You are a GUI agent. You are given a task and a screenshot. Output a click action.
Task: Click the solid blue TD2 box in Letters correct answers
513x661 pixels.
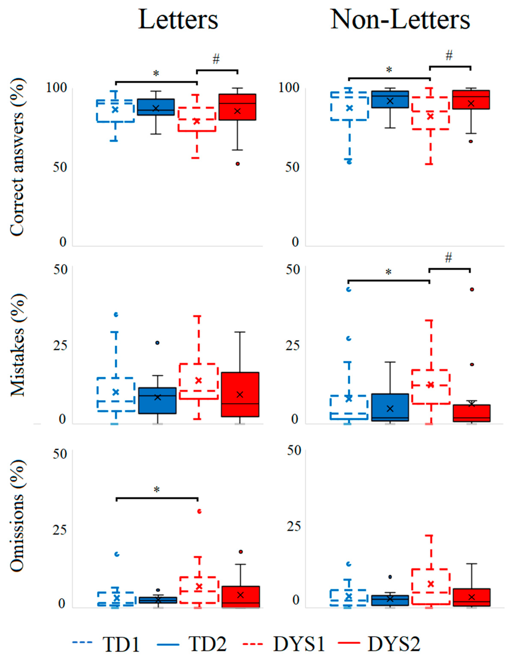[x=156, y=107]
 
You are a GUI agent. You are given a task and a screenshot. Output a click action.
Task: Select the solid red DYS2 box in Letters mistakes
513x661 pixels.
[x=240, y=394]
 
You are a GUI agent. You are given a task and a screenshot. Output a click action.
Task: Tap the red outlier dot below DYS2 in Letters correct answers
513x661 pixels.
[x=238, y=164]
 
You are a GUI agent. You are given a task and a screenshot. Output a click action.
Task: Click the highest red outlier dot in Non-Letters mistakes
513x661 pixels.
[x=472, y=289]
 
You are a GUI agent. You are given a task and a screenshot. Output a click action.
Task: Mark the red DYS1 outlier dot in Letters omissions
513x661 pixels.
[x=199, y=511]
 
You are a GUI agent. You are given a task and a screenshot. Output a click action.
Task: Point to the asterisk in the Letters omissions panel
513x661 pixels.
[x=156, y=490]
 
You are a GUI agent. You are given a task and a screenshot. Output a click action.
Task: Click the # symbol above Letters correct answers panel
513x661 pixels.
[x=216, y=59]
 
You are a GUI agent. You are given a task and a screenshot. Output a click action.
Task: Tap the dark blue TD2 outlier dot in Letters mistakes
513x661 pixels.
[x=157, y=343]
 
